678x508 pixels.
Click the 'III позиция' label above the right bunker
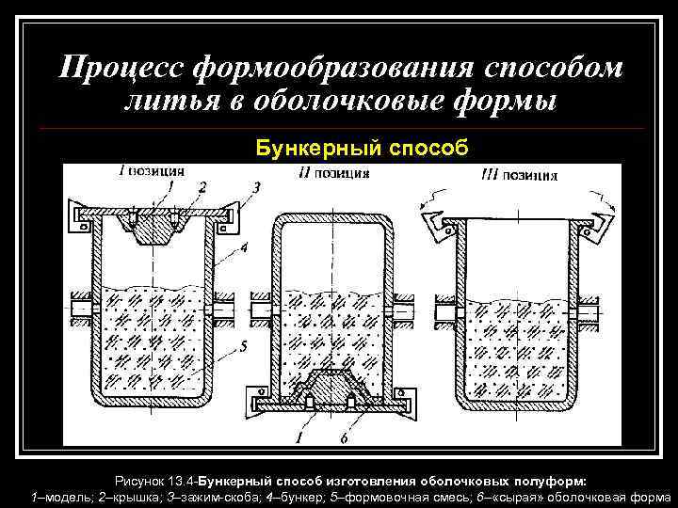tap(519, 174)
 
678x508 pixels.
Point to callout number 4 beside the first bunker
tap(244, 248)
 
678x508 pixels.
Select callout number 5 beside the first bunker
tap(244, 346)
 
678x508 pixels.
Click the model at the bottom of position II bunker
tap(331, 385)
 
